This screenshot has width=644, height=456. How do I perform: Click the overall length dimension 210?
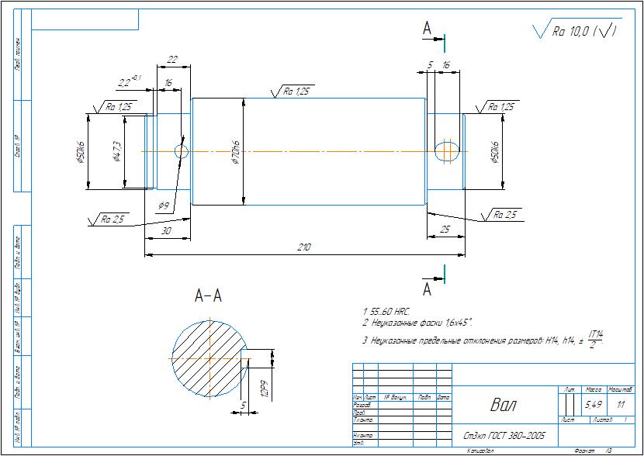coord(304,247)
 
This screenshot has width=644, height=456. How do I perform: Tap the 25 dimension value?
coord(445,230)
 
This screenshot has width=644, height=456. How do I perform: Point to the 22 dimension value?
coord(172,60)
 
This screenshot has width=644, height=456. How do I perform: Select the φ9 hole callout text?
coord(164,206)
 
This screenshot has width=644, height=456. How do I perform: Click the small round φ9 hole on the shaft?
coord(182,151)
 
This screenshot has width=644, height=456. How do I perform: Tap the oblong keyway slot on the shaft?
coord(446,150)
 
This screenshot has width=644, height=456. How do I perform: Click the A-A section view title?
coord(208,295)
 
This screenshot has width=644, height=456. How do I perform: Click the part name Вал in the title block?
coord(501,405)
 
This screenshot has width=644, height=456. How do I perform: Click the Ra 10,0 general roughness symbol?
coord(577,31)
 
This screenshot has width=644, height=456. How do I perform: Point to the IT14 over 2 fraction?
coord(596,338)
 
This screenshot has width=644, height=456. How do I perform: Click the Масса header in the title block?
coord(593,389)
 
